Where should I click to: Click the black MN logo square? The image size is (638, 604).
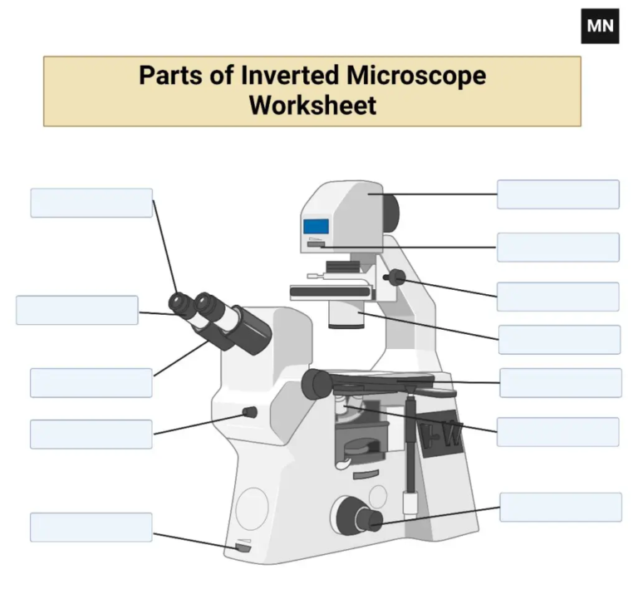click(x=600, y=26)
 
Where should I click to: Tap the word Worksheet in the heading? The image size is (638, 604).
click(x=312, y=106)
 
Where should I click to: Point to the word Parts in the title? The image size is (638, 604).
click(x=169, y=76)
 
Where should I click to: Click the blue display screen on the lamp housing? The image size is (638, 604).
click(x=317, y=226)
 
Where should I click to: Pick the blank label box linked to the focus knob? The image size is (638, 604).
click(x=560, y=507)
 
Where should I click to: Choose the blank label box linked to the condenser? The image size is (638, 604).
click(x=559, y=339)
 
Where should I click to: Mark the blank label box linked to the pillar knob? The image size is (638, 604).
click(x=557, y=297)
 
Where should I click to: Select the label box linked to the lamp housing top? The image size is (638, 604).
click(x=557, y=194)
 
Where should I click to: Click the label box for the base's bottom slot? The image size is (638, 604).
click(x=91, y=528)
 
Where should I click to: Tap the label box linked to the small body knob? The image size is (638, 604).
click(x=91, y=434)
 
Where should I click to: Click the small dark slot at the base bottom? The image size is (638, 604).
click(x=243, y=548)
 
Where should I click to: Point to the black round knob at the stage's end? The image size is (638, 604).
click(x=317, y=382)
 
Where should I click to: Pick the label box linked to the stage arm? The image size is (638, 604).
click(x=560, y=383)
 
